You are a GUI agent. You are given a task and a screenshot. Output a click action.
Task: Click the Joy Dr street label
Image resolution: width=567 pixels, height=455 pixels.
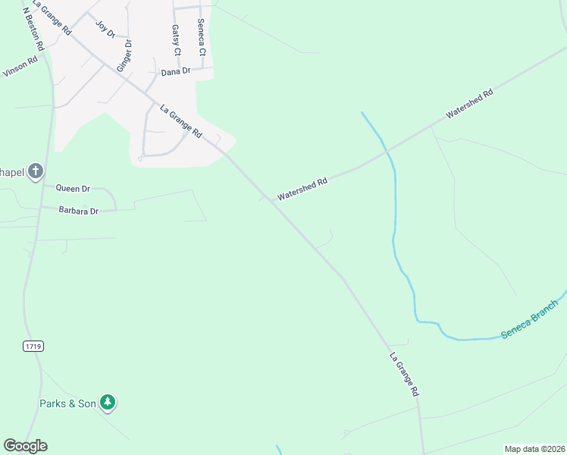click(x=105, y=29)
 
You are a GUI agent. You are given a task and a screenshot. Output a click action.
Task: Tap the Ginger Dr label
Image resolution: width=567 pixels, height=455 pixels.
click(x=124, y=55)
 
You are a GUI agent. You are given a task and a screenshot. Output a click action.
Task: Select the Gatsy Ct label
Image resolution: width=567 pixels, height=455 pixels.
click(x=176, y=40)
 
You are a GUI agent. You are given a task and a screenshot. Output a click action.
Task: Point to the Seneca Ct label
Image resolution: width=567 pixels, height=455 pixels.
click(x=201, y=38)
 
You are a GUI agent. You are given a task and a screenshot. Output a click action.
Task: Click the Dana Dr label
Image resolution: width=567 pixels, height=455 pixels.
click(x=174, y=72)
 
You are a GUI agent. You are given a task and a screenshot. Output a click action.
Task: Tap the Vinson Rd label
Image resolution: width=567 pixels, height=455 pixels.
click(x=20, y=67)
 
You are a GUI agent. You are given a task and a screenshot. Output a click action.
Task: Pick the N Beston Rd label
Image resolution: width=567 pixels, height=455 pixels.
click(x=34, y=29)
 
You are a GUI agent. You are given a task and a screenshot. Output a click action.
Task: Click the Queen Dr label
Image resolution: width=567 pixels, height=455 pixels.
click(x=73, y=187)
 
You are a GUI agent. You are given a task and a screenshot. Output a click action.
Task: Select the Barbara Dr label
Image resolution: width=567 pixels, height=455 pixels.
click(x=79, y=211)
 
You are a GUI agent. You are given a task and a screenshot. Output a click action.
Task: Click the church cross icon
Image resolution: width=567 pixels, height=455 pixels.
click(x=36, y=172)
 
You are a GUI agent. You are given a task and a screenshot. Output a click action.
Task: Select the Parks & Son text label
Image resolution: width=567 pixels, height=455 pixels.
click(x=67, y=403)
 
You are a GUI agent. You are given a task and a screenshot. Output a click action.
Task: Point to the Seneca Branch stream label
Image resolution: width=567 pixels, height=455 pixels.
click(x=529, y=325)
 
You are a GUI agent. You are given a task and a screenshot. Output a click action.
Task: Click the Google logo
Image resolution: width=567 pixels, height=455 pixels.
click(x=25, y=446)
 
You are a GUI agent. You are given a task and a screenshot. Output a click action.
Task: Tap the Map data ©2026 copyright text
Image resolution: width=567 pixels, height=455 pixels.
click(x=534, y=449)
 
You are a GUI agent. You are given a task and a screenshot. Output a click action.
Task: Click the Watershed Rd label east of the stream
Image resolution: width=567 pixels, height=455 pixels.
click(x=470, y=102)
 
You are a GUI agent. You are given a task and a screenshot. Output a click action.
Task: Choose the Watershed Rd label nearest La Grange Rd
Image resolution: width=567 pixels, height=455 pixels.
click(x=302, y=189)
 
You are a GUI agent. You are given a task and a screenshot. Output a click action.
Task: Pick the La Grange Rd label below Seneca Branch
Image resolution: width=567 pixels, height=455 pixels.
click(x=405, y=375)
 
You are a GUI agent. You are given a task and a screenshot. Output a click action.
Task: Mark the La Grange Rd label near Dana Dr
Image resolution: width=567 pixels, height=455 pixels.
click(x=181, y=121)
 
